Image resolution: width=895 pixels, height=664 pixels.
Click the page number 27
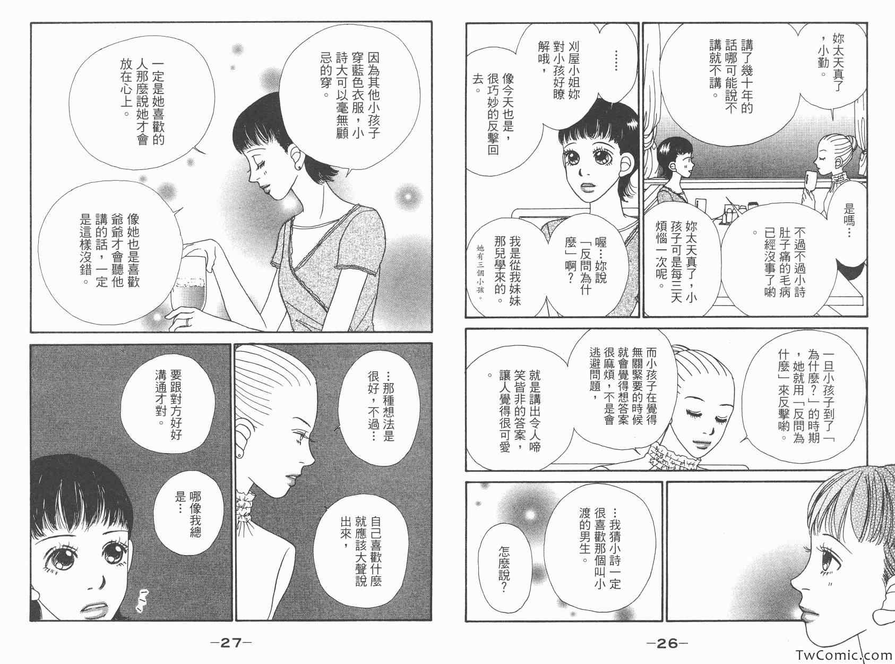[231, 643]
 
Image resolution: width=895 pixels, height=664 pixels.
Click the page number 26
[667, 643]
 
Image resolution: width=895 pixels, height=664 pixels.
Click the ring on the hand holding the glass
[188, 322]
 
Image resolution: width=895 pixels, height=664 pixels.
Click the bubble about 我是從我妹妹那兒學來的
[508, 270]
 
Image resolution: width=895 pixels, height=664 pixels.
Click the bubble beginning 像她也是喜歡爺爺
[108, 250]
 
